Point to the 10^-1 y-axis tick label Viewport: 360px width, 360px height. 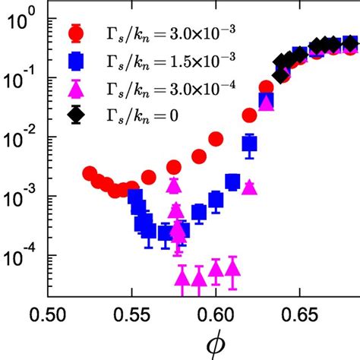tap(22, 77)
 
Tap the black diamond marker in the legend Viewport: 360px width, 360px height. tap(76, 115)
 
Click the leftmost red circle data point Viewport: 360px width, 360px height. tap(90, 174)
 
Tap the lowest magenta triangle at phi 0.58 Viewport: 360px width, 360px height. tap(182, 276)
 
